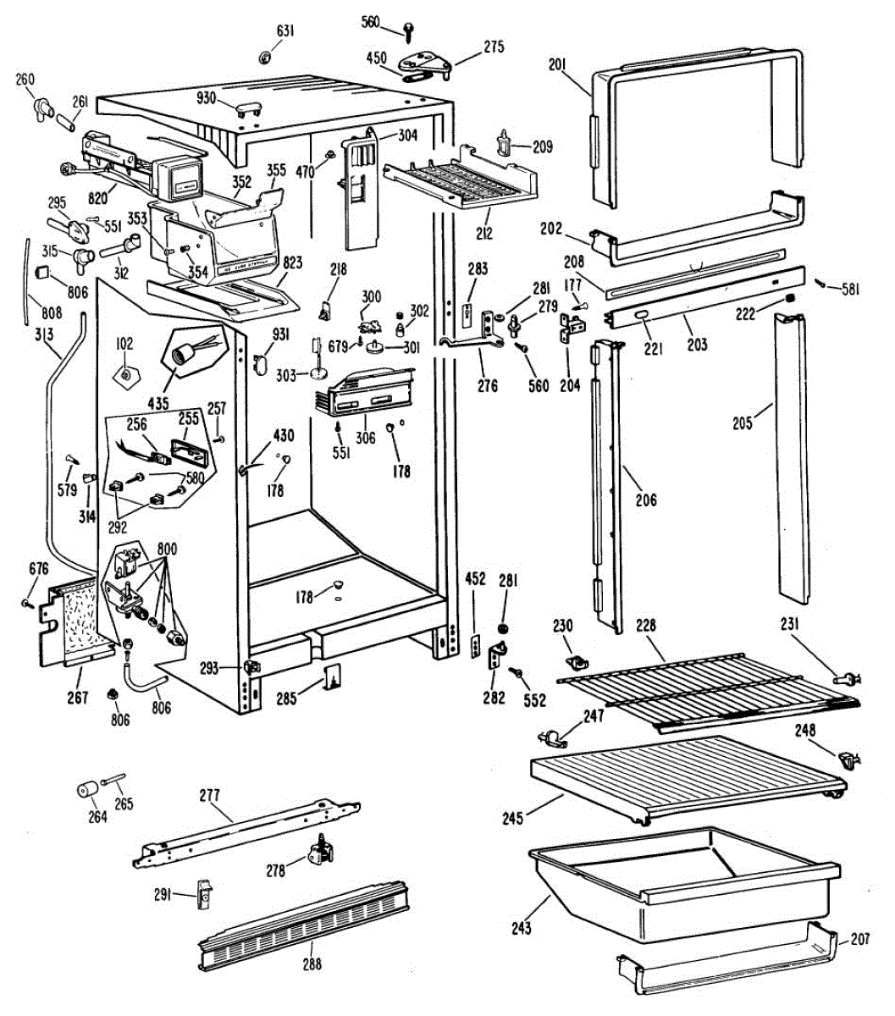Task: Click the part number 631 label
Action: point(285,31)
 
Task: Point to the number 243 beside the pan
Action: point(522,928)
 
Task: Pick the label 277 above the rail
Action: point(209,795)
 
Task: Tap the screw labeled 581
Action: point(820,284)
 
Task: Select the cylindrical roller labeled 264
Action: point(85,791)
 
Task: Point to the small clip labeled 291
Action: point(203,893)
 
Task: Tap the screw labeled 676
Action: point(28,604)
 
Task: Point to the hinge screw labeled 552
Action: point(515,672)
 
